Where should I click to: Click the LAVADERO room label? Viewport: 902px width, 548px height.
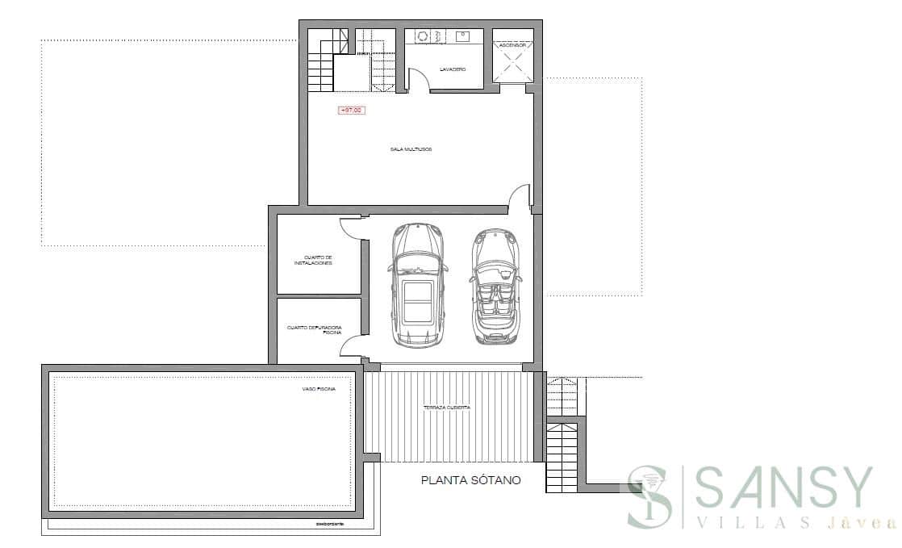[x=453, y=69]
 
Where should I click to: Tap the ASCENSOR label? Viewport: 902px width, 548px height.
[x=513, y=45]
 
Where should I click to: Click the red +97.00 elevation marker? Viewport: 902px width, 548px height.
[x=351, y=111]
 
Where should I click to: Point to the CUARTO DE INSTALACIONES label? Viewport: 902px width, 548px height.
[x=313, y=260]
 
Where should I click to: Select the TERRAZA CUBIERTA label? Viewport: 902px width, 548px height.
[x=446, y=408]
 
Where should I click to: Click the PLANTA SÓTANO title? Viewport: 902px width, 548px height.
[x=471, y=479]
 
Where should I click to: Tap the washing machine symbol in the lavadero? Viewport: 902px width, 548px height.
[x=421, y=36]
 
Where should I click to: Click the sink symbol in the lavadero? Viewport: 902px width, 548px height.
[x=463, y=36]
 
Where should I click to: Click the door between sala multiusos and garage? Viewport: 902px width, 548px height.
[x=520, y=199]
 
